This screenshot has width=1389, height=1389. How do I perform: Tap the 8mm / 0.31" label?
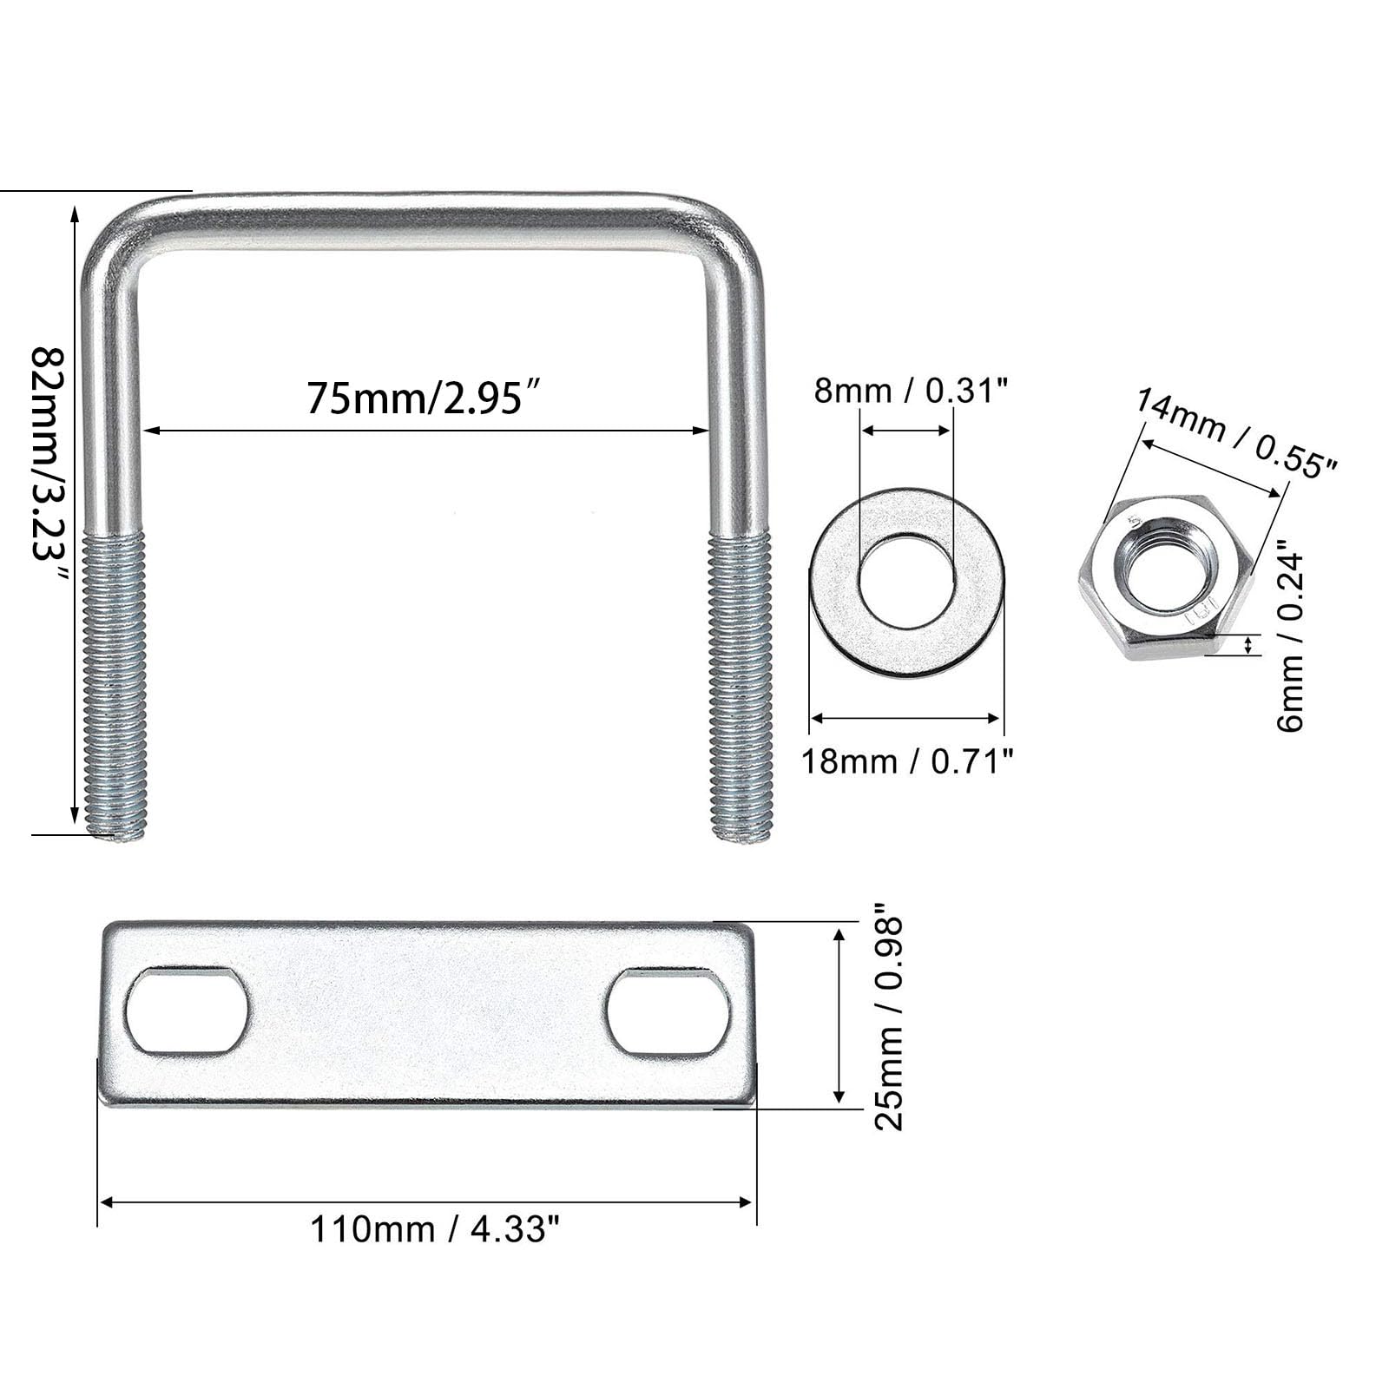911,391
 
